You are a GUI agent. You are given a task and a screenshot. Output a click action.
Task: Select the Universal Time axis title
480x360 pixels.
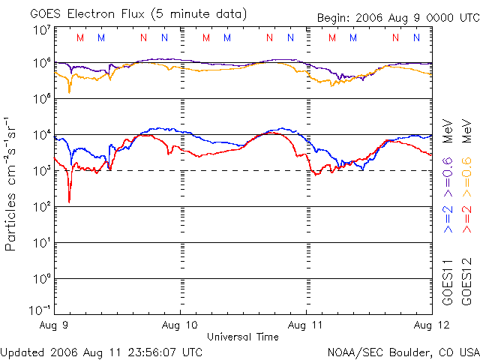[x=242, y=337]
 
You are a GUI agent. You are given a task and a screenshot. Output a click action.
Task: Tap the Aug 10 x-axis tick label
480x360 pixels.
[x=180, y=326]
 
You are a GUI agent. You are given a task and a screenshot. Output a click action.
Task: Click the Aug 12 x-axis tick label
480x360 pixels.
[x=432, y=326]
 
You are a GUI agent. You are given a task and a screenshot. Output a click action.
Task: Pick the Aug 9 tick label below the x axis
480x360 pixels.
[x=54, y=326]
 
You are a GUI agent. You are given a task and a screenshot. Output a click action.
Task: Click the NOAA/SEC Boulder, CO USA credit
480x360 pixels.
[x=403, y=351]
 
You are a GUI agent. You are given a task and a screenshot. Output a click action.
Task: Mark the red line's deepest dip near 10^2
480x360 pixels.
[x=69, y=201]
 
